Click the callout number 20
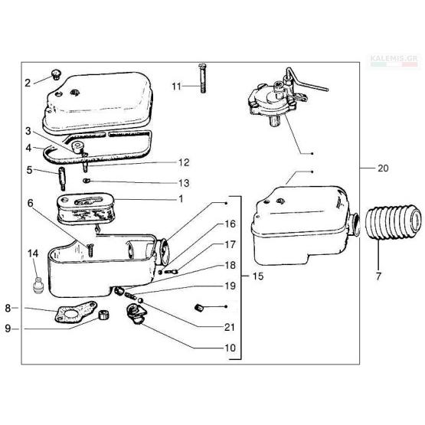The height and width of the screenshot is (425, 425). click(x=383, y=168)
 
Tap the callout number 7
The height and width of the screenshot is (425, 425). click(x=378, y=276)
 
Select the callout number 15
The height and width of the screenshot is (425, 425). click(x=258, y=276)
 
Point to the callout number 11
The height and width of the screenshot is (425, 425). click(x=176, y=87)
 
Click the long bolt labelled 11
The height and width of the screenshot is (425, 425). click(x=202, y=78)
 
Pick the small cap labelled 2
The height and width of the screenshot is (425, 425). click(x=56, y=74)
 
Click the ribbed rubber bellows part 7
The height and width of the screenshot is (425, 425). click(x=394, y=223)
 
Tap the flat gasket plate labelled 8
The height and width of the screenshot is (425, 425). click(x=75, y=312)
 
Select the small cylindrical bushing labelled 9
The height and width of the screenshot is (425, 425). click(x=103, y=315)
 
